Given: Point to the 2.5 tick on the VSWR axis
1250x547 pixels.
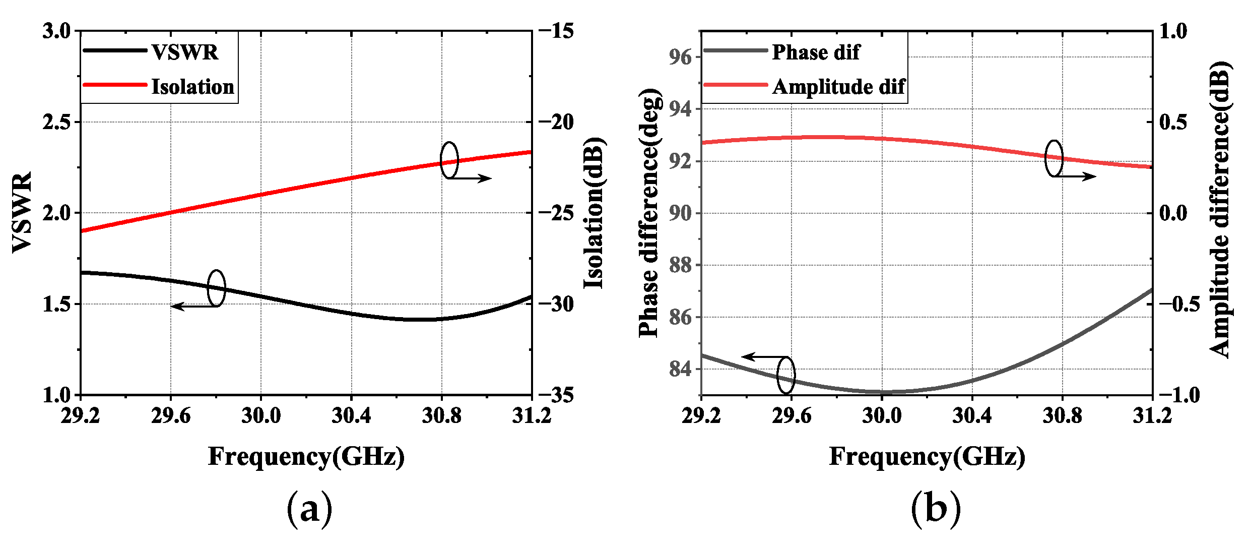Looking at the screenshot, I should (x=56, y=122).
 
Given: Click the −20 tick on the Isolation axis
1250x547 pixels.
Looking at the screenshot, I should (x=556, y=122).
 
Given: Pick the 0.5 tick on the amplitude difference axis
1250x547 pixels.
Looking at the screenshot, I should (x=1173, y=122).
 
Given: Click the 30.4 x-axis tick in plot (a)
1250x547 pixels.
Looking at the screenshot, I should (x=351, y=416).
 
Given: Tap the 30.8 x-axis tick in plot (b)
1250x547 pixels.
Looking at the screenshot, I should (x=1062, y=416).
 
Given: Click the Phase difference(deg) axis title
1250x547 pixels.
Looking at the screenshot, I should (x=649, y=213).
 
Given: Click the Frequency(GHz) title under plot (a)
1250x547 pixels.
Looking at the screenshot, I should (x=306, y=457).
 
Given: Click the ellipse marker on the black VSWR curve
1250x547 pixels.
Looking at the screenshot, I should (x=217, y=288).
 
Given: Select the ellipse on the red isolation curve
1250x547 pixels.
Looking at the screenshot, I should (x=449, y=160).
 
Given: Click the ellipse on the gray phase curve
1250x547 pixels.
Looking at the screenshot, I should (x=786, y=375).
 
